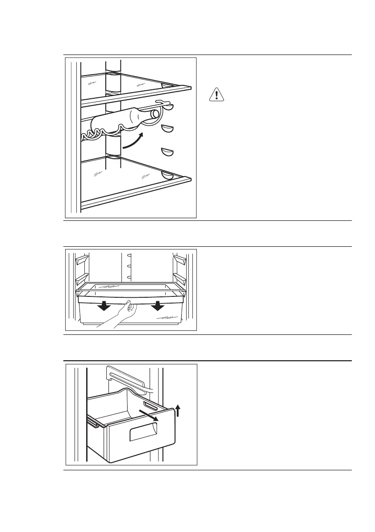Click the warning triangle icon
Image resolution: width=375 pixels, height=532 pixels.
tap(216, 95)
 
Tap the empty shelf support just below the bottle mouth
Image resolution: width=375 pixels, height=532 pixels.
tap(167, 130)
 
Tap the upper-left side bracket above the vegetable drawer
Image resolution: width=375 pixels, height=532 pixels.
tap(81, 260)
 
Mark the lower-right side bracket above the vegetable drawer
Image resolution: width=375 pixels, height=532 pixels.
tap(181, 279)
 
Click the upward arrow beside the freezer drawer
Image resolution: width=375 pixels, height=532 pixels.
tap(178, 410)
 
